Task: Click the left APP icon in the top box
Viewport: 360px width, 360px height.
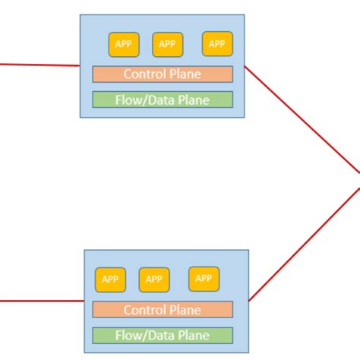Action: [x=124, y=44]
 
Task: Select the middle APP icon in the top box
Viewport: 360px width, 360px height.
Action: [x=168, y=44]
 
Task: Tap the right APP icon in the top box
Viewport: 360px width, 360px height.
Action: [x=217, y=43]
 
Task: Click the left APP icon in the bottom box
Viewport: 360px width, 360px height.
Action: [x=110, y=279]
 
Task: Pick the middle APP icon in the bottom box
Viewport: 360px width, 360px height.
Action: [x=154, y=279]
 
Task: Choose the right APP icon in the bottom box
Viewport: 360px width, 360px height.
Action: [x=204, y=279]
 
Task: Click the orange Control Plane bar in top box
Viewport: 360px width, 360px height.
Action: [x=163, y=74]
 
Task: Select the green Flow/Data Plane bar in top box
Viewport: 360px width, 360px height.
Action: [x=163, y=99]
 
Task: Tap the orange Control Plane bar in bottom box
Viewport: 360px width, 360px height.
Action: [x=163, y=310]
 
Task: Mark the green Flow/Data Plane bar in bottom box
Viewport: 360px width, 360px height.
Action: [x=163, y=335]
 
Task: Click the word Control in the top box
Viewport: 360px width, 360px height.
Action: [x=145, y=74]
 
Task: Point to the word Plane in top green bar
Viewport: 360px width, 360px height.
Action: [x=191, y=99]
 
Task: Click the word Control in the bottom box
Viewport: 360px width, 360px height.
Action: [x=145, y=310]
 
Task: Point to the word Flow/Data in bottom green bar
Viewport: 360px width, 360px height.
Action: [x=144, y=335]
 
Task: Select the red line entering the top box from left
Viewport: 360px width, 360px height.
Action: [x=38, y=65]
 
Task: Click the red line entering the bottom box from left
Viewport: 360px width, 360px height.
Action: [x=38, y=301]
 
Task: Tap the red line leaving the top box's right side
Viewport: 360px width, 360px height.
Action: [x=304, y=122]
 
